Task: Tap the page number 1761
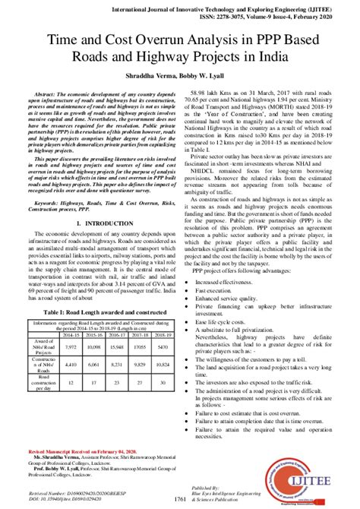pyautogui.click(x=180, y=498)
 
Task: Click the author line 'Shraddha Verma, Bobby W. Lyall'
pyautogui.click(x=180, y=78)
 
